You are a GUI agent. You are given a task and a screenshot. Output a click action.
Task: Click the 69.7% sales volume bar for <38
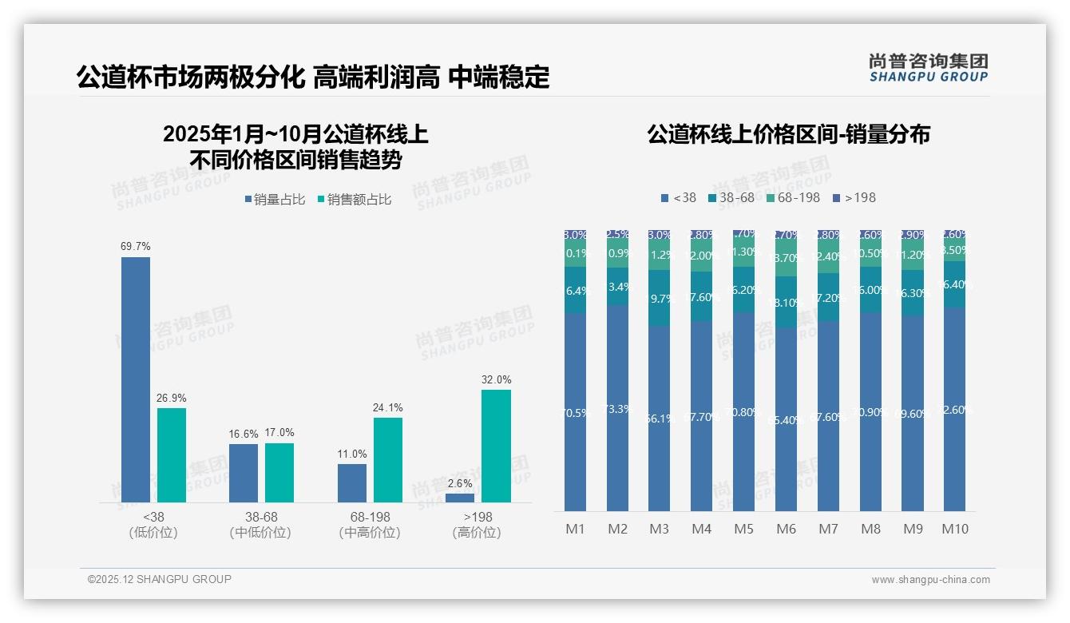[x=136, y=379]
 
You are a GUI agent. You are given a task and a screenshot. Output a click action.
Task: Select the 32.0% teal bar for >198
[x=496, y=446]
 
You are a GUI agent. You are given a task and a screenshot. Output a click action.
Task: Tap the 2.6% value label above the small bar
[x=460, y=483]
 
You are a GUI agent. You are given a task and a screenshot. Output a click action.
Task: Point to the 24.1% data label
[x=387, y=407]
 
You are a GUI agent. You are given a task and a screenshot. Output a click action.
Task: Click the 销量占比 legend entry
[x=273, y=200]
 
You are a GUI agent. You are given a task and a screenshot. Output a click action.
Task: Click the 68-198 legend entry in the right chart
[x=793, y=197]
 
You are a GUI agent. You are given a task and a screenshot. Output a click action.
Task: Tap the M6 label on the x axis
[x=786, y=529]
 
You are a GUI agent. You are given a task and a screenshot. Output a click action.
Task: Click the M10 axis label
[x=954, y=529]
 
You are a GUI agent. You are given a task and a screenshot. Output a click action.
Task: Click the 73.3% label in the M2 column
[x=617, y=409]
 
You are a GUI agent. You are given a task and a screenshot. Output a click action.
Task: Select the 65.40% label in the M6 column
[x=786, y=420]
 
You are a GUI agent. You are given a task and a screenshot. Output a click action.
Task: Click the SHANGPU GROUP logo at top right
[x=928, y=68]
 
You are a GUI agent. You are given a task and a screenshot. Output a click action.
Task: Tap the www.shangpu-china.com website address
[x=930, y=580]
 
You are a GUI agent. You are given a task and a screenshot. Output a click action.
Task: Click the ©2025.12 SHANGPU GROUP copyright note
[x=160, y=579]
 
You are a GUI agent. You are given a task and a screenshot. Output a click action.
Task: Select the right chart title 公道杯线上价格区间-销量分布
[x=788, y=134]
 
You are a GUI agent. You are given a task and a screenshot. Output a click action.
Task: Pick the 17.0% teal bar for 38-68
[x=279, y=473]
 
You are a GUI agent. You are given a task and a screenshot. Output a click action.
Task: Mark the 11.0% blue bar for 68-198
[x=352, y=483]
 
